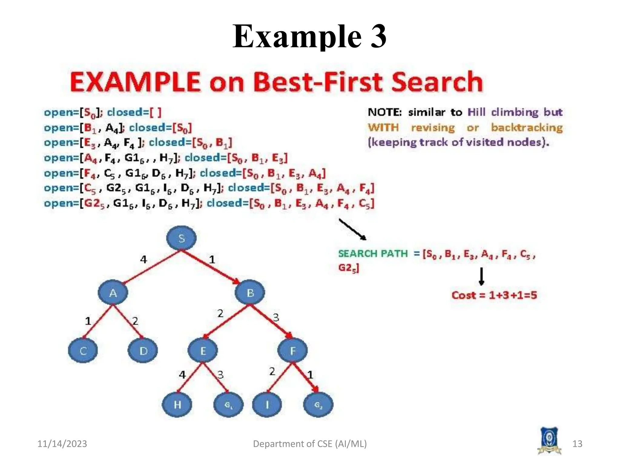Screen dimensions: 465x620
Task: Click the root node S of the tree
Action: coord(181,238)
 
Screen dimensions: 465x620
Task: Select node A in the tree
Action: coord(113,293)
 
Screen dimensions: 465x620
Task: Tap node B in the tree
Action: coord(250,293)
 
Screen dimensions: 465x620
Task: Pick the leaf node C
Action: coord(83,351)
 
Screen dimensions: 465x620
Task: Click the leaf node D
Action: coord(143,351)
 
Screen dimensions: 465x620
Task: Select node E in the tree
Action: coord(203,351)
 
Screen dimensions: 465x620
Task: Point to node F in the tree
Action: coord(292,351)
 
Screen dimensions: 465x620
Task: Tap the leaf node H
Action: coord(177,404)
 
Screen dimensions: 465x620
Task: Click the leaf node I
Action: coord(267,404)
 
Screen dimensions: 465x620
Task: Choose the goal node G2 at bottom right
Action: coord(318,404)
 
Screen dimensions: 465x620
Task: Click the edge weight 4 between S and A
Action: coord(143,259)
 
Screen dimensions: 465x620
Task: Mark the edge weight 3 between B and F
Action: coord(276,318)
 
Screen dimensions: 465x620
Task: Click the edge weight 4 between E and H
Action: coord(182,375)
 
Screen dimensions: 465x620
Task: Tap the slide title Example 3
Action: coord(309,36)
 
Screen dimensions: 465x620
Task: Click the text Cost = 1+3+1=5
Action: coord(494,295)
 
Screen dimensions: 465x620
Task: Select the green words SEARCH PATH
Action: coord(373,253)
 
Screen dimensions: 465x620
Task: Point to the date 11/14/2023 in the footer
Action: coord(62,444)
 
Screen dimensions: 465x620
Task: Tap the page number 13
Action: coord(577,444)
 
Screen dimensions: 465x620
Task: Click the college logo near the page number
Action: coord(549,441)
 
